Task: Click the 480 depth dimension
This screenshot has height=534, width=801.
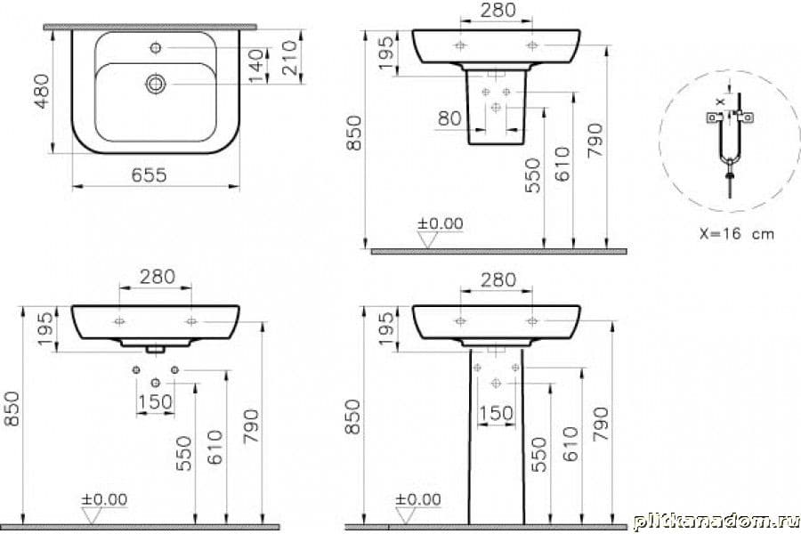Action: pos(42,92)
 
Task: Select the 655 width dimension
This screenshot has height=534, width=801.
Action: pos(150,175)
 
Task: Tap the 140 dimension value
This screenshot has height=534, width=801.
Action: pos(257,65)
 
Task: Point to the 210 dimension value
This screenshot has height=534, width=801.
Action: pos(289,58)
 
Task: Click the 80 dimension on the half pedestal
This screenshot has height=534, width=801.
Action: pos(450,118)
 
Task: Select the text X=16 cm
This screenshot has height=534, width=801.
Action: pos(737,233)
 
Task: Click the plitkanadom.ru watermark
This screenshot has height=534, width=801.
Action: pos(716,522)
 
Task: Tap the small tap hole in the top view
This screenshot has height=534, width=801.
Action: pos(156,47)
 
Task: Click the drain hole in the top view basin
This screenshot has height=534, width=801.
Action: pos(156,84)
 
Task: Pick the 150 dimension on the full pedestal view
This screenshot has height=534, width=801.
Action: pos(497,413)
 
